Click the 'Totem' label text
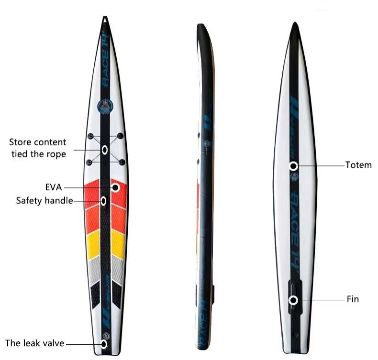pos(358,165)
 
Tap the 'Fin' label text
pos(352,300)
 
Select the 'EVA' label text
pos(53,187)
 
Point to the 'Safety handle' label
pos(44,200)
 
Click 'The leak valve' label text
pos(34,343)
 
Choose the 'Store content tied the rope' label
pos(38,148)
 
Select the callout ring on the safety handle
pos(103,200)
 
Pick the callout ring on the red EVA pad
pos(116,187)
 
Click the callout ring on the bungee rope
pos(104,150)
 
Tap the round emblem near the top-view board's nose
pos(104,106)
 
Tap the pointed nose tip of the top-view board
pos(104,18)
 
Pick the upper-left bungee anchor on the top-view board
pos(89,136)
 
